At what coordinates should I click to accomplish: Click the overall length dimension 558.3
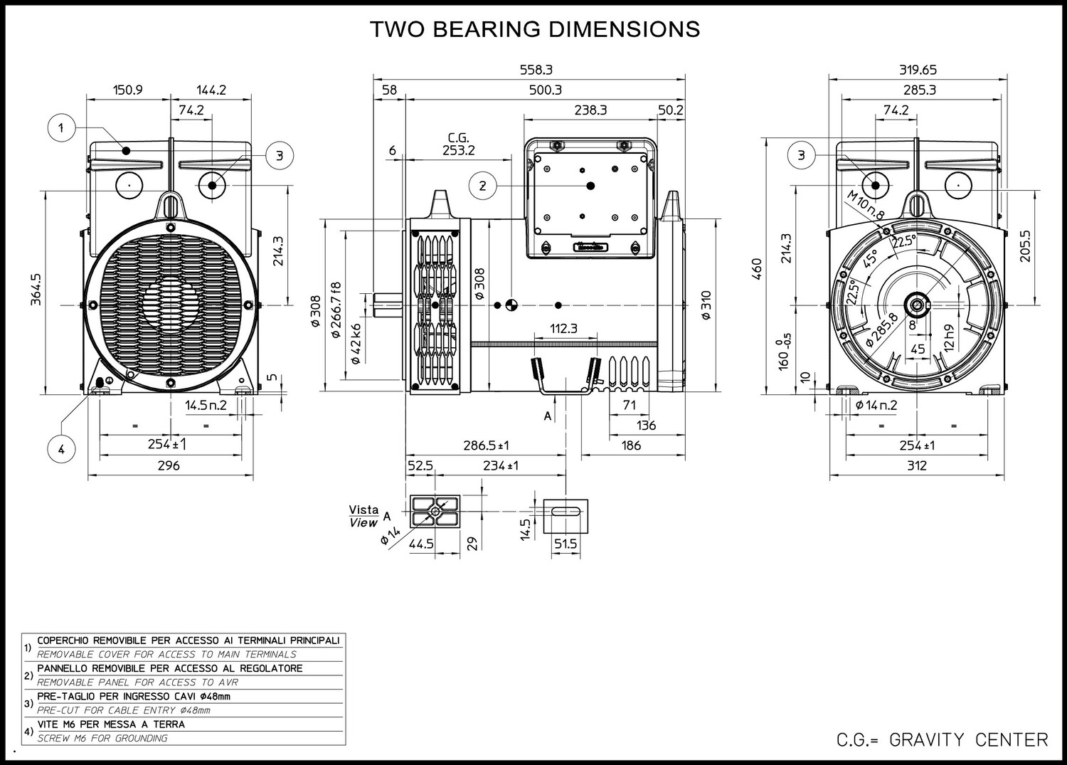[x=536, y=70]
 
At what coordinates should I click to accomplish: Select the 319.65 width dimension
[x=918, y=70]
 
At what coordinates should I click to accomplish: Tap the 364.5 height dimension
[x=36, y=290]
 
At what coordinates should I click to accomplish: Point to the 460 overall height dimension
[x=757, y=268]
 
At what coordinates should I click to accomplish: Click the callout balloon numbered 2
[x=482, y=186]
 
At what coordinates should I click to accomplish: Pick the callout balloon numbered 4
[x=61, y=449]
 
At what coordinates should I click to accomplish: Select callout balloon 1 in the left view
[x=61, y=128]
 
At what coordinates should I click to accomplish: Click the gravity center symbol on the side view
[x=511, y=305]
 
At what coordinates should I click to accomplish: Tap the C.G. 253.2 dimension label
[x=458, y=144]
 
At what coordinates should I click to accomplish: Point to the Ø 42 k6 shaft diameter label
[x=356, y=344]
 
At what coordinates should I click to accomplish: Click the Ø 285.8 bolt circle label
[x=882, y=329]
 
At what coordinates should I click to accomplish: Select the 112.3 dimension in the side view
[x=563, y=328]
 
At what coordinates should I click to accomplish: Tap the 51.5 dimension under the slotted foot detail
[x=566, y=544]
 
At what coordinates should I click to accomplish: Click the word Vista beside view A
[x=363, y=510]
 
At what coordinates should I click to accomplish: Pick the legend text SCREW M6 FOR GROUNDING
[x=102, y=738]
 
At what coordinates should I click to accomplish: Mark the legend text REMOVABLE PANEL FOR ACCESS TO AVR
[x=138, y=682]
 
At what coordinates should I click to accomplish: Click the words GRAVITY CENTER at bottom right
[x=969, y=740]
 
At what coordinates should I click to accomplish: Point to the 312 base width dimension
[x=916, y=465]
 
